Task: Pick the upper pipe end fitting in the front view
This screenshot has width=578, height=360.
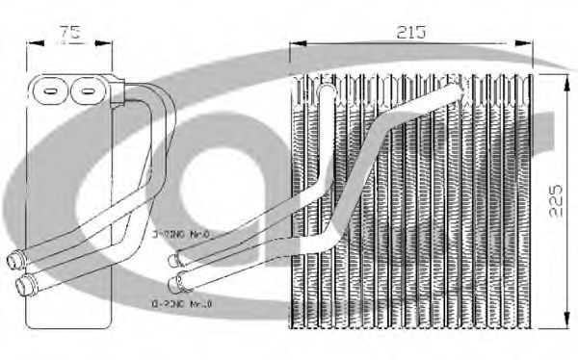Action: point(175,259)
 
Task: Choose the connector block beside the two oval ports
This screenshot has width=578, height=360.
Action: point(118,93)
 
